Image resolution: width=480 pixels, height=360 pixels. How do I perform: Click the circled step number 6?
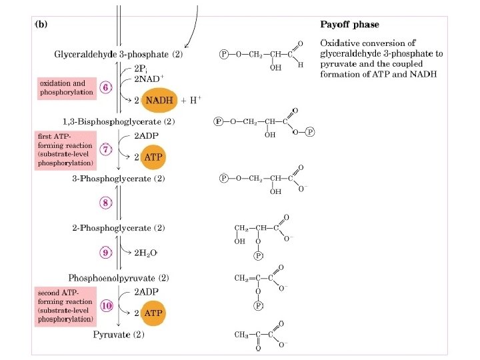(x=106, y=88)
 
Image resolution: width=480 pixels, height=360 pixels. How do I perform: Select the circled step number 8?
(x=106, y=202)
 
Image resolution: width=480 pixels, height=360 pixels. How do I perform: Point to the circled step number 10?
(x=106, y=305)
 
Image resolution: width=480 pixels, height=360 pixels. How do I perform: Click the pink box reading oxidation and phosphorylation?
(x=67, y=88)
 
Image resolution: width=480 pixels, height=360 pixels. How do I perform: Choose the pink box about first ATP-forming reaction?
(x=65, y=149)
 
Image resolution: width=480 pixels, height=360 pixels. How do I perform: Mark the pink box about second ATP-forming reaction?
(x=65, y=306)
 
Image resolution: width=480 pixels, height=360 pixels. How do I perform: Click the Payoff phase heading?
(x=349, y=25)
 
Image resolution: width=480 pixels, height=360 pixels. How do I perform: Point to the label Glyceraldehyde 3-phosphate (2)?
(x=119, y=53)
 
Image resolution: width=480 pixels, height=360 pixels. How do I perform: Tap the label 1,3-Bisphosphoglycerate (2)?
(x=118, y=122)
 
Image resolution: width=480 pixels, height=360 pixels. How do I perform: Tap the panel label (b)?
(x=41, y=24)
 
